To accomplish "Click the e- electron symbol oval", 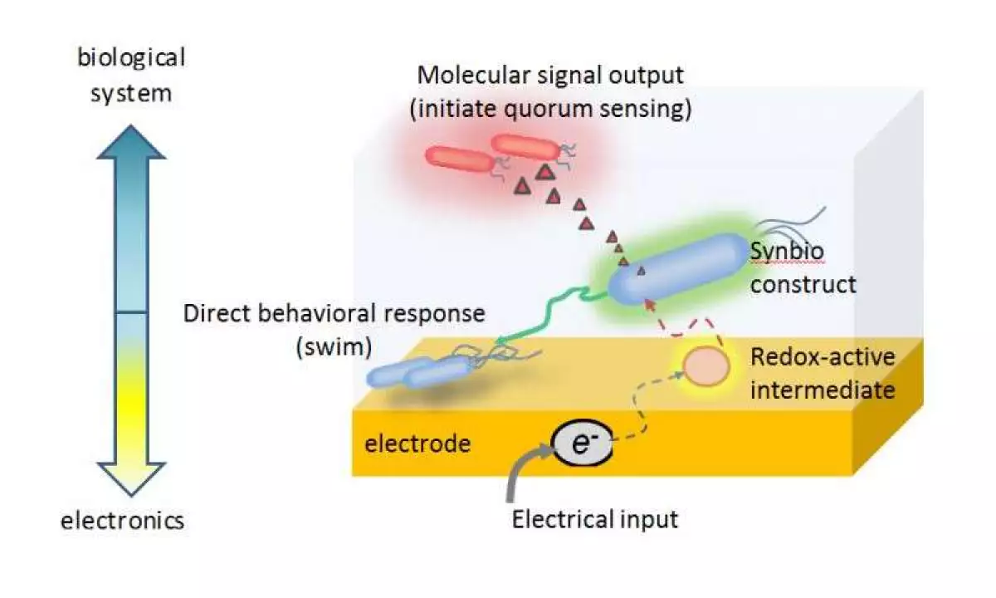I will coord(582,446).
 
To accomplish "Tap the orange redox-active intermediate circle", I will coord(706,366).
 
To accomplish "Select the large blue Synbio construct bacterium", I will coord(677,267).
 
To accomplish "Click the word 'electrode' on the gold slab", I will coord(417,444).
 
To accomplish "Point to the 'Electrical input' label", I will coord(594,520).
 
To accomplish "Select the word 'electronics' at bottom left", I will coord(122,521).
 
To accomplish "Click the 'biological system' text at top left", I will coord(131,75).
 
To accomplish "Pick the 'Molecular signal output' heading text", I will coord(550,75).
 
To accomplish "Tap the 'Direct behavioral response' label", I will coord(333,314).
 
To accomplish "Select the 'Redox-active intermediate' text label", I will coord(823,373).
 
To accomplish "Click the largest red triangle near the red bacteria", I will coord(544,172).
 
